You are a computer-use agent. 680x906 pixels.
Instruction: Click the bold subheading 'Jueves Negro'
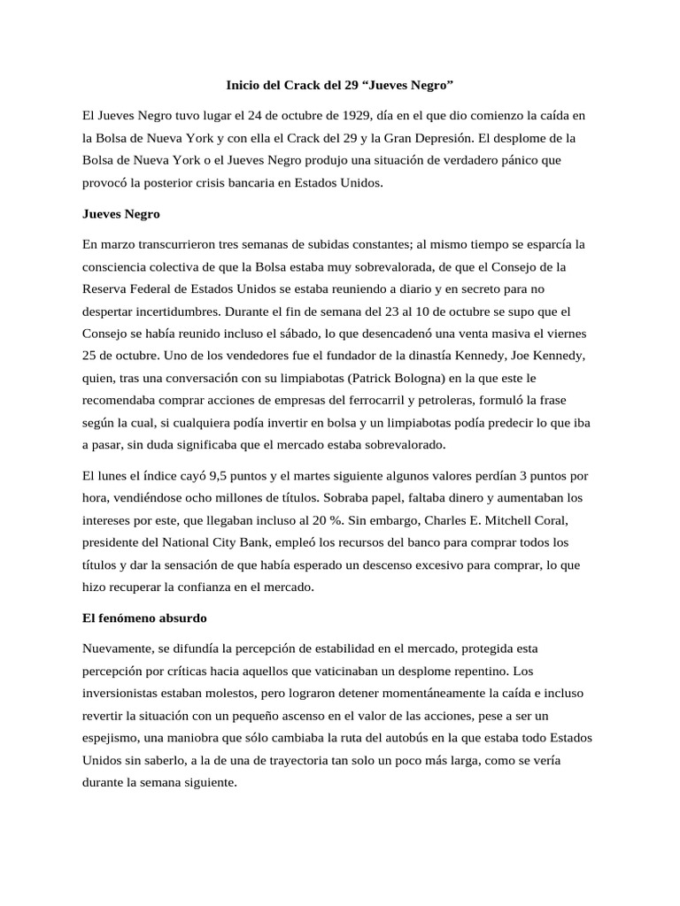click(x=120, y=213)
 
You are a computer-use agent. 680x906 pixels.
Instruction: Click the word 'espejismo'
click(x=113, y=737)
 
